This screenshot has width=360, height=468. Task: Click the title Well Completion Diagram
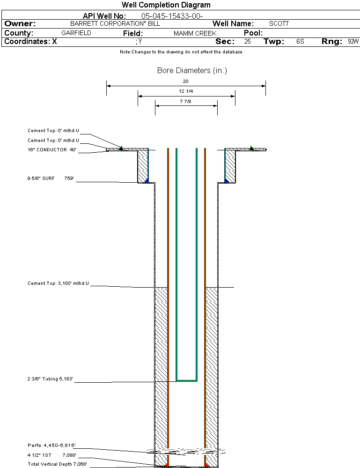tap(166, 5)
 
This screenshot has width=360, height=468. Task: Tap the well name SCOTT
tap(279, 23)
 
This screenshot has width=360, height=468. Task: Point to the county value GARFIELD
tap(76, 33)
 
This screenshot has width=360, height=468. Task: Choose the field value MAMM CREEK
tap(195, 34)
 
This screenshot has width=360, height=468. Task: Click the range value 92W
tap(353, 42)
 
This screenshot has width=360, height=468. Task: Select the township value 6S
tap(300, 42)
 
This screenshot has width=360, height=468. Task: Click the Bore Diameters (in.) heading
tap(192, 71)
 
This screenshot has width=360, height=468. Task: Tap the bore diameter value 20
tap(186, 82)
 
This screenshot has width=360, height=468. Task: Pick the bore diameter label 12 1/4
tap(186, 91)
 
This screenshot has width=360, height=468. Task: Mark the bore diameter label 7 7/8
tap(186, 101)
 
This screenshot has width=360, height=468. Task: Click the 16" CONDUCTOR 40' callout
tap(52, 150)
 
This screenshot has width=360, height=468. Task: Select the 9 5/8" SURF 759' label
tap(52, 178)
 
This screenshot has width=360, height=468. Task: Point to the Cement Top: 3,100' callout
tap(58, 283)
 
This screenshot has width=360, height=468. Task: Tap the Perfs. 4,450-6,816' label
tap(51, 445)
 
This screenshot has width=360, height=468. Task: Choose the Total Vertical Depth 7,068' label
tap(57, 464)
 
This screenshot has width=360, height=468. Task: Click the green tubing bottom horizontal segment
tap(186, 380)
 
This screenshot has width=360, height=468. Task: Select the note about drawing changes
tap(181, 52)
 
